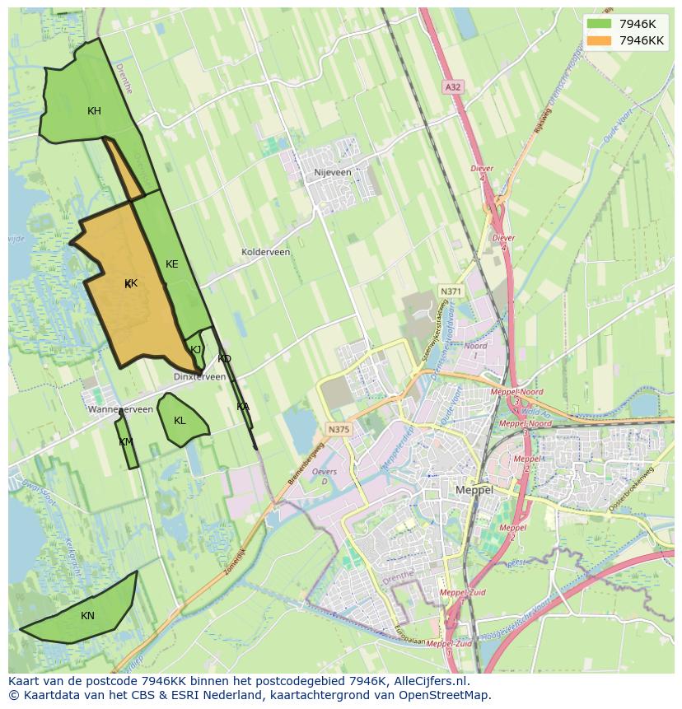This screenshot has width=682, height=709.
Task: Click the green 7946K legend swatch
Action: (x=599, y=23)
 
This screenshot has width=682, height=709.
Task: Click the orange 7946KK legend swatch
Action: (x=599, y=40)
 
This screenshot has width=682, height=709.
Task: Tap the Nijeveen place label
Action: (x=333, y=173)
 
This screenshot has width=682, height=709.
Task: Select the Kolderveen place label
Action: (x=265, y=252)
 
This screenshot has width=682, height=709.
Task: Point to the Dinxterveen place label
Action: (x=199, y=376)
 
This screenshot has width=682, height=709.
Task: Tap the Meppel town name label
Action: (x=474, y=489)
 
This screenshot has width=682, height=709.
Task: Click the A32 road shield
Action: (x=452, y=86)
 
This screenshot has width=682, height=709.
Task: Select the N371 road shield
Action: (x=451, y=292)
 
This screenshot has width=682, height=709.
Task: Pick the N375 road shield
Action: (x=338, y=429)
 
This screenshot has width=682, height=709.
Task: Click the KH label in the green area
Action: (x=95, y=111)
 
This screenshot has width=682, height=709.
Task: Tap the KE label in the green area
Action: (x=171, y=264)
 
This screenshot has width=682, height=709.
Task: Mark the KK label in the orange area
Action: (x=130, y=283)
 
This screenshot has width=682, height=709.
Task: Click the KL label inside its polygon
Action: (x=180, y=421)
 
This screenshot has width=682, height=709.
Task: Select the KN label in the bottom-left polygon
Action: (x=87, y=616)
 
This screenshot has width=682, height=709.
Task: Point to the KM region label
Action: (x=125, y=442)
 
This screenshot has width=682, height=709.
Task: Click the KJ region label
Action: (x=196, y=349)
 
